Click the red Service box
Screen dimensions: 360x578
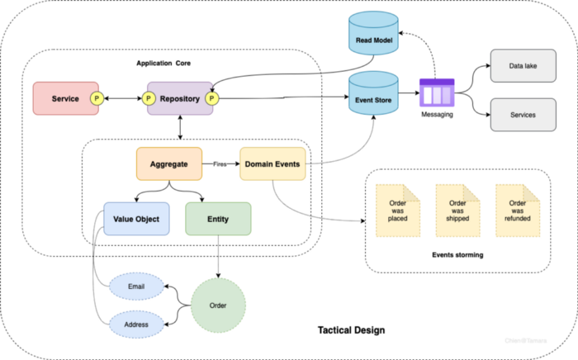pyautogui.click(x=64, y=99)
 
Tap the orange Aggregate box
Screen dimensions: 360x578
pyautogui.click(x=168, y=164)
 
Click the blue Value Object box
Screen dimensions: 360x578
pyautogui.click(x=136, y=218)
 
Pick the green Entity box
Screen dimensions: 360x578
pyautogui.click(x=218, y=218)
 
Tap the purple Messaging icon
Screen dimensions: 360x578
pyautogui.click(x=437, y=92)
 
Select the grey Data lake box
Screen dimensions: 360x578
pyautogui.click(x=524, y=65)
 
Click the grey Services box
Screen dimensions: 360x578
pyautogui.click(x=524, y=115)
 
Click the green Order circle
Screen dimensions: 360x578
pyautogui.click(x=219, y=306)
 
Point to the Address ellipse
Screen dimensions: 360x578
pyautogui.click(x=137, y=324)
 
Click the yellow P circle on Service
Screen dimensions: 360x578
pyautogui.click(x=97, y=99)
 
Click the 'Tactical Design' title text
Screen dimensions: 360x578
pyautogui.click(x=351, y=330)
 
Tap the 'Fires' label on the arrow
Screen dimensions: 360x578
pyautogui.click(x=220, y=164)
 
